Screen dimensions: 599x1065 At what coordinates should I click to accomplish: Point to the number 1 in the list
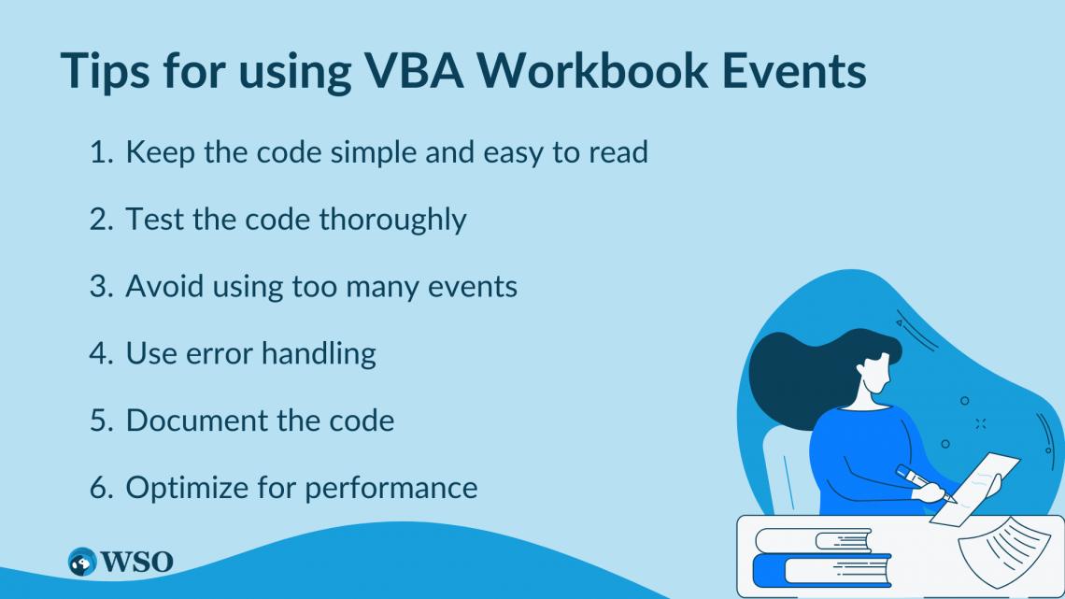(x=98, y=153)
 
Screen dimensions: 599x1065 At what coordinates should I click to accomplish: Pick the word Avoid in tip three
(x=162, y=286)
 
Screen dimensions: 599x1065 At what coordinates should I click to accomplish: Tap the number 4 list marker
(x=100, y=353)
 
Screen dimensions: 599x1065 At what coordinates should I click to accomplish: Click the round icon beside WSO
(x=83, y=562)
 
